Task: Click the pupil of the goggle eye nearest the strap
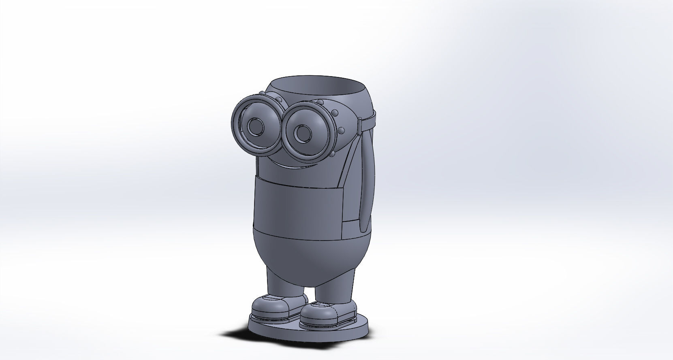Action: pos(301,132)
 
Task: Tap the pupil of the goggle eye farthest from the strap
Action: pos(254,126)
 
